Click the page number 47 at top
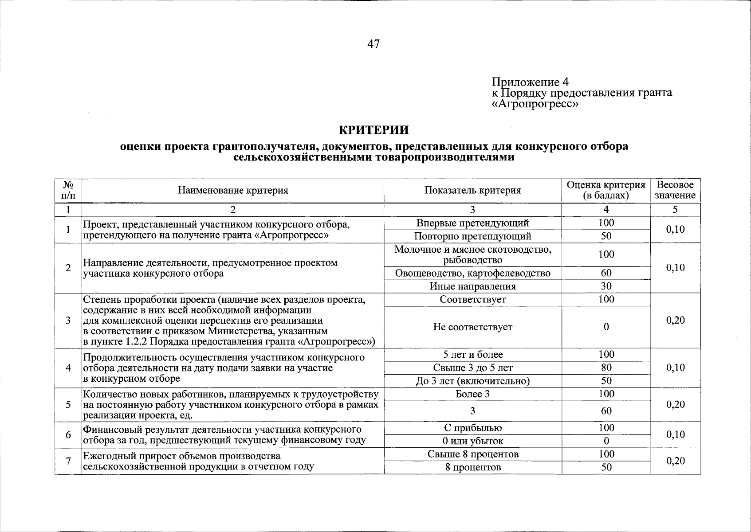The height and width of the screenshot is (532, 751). (x=374, y=44)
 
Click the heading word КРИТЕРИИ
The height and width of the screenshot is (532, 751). (x=373, y=130)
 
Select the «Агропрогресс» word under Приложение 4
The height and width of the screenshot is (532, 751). (x=535, y=104)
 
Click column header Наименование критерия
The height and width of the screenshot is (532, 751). (x=233, y=191)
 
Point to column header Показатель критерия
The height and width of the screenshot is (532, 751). (x=472, y=191)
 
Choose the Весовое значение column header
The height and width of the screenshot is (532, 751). (x=675, y=190)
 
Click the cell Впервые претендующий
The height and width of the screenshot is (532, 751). (x=472, y=223)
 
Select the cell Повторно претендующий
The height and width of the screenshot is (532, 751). (x=472, y=236)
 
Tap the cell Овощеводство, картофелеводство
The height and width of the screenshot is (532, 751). (x=472, y=273)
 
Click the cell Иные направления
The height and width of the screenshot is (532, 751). (x=472, y=286)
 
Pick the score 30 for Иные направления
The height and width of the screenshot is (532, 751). (x=606, y=286)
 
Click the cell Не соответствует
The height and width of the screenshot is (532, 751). (x=472, y=327)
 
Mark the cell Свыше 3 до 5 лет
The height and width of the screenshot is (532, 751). (x=472, y=368)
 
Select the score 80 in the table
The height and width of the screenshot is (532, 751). (x=606, y=368)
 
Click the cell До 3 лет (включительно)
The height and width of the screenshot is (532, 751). (x=472, y=381)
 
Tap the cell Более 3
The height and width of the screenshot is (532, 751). (x=472, y=394)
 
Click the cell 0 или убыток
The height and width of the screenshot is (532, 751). (x=472, y=441)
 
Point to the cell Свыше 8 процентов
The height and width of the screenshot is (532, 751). (x=472, y=454)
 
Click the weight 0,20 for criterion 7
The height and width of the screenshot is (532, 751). (x=675, y=461)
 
